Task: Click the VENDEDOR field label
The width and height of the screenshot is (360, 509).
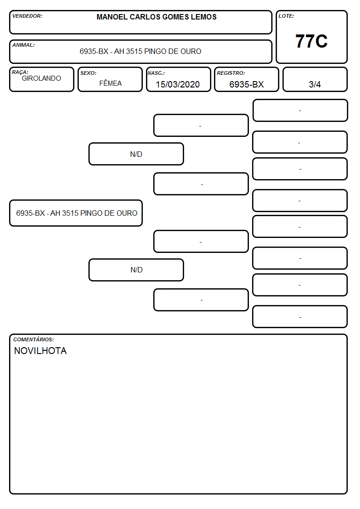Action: pos(27,16)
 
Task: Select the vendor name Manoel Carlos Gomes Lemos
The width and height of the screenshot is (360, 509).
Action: pos(156,17)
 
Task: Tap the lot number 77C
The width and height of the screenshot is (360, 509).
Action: pos(311,41)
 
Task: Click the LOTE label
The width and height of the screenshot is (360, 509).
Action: pos(286,16)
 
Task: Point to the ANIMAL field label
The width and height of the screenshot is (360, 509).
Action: pos(24,45)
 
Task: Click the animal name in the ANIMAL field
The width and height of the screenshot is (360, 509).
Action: pos(140,51)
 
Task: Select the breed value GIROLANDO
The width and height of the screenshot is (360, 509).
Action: pos(41,78)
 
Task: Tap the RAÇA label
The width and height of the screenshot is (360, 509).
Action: pos(20,72)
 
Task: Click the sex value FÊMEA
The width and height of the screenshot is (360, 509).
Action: pos(110,83)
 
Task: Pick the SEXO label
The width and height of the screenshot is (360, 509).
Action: pos(88,73)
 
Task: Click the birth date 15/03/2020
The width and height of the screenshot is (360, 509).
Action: pos(178,84)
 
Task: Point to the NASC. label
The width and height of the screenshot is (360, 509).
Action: pos(156,73)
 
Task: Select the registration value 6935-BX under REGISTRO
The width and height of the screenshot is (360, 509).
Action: pos(246,84)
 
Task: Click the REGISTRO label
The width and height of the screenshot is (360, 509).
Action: pos(231,73)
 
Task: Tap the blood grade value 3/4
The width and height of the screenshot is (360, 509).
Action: pos(315,84)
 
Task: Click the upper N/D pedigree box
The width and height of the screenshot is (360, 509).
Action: pos(136,154)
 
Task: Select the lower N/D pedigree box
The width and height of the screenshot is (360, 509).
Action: pos(136,270)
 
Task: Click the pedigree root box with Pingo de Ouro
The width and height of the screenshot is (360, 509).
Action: pos(76,213)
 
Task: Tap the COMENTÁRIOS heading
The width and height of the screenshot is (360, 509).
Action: pos(34,339)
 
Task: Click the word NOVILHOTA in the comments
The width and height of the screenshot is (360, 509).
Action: pos(40,351)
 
